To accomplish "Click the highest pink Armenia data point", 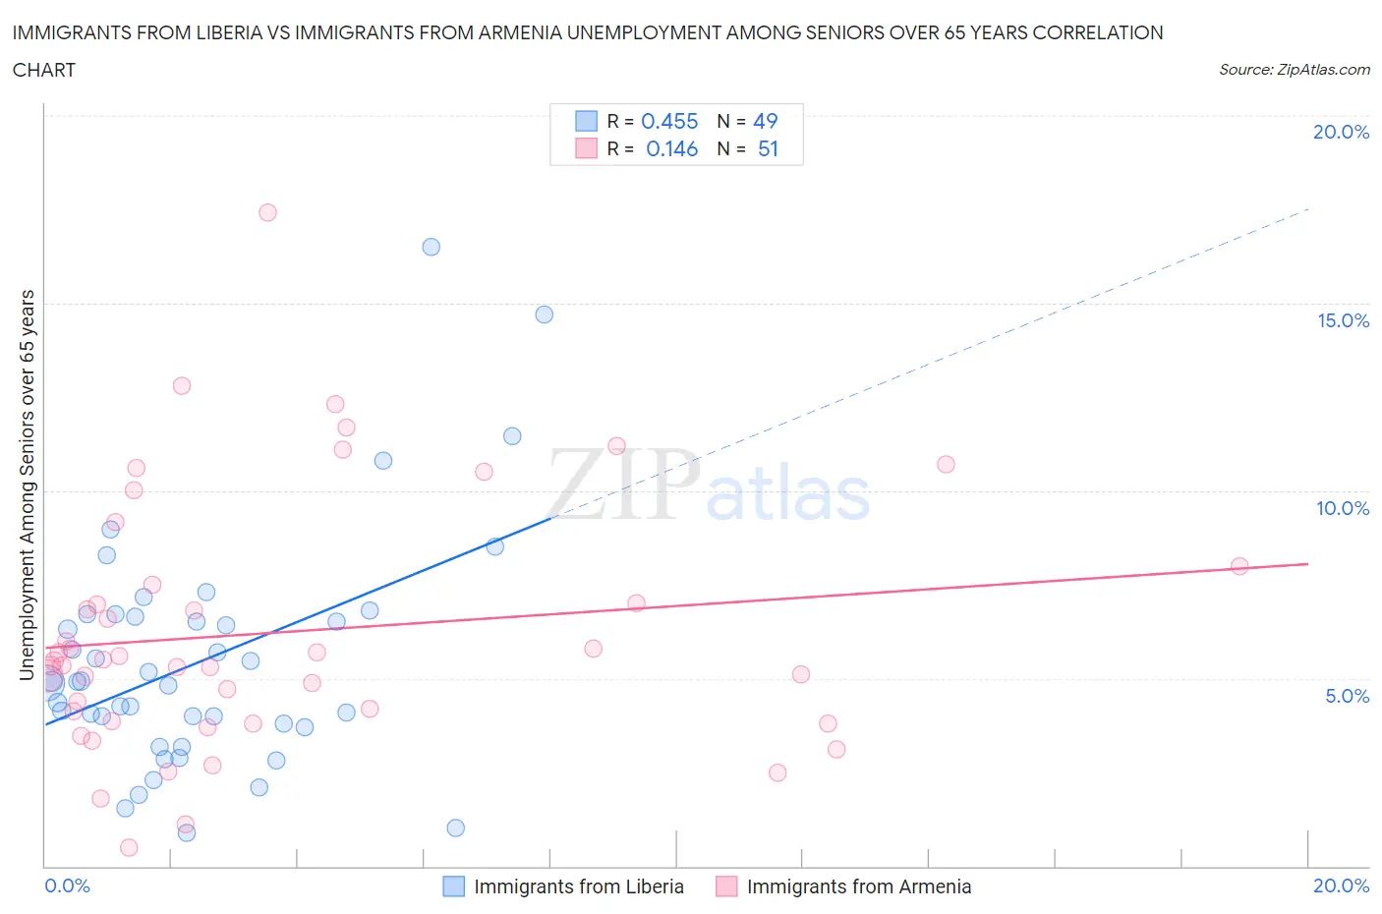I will point(267,212).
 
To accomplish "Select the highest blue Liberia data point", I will point(431,247).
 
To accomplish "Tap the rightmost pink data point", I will point(1239,566).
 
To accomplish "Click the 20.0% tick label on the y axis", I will point(1341,132).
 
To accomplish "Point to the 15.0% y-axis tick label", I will point(1343,320).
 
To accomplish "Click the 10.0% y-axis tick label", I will point(1343,508).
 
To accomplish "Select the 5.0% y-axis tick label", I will point(1347,696).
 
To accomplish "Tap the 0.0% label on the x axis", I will point(68,885).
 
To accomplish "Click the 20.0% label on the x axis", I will point(1341,885).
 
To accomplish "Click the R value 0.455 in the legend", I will point(669,121).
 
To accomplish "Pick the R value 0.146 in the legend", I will point(671,148).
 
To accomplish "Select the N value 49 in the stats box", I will point(765,121).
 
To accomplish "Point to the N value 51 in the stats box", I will point(768,148).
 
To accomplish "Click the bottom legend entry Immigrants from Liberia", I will point(578,886).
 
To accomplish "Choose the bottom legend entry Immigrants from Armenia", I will point(858,886).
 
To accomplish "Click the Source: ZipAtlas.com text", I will point(1294,69).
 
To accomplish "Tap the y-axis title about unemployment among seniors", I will point(28,485).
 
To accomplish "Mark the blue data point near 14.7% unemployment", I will point(544,314).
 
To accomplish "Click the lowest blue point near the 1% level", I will point(455,828).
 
